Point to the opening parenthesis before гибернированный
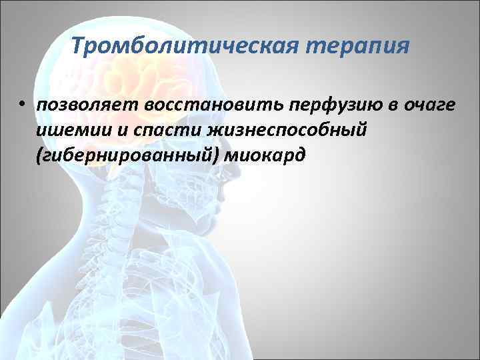coord(41,156)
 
